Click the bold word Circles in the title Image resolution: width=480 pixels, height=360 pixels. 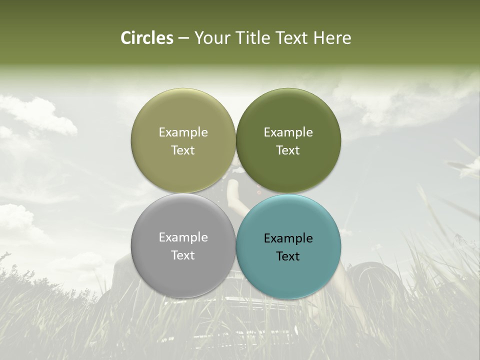[x=146, y=38]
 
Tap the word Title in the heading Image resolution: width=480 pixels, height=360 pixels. [x=249, y=38]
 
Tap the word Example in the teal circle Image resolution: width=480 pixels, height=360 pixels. [x=288, y=238]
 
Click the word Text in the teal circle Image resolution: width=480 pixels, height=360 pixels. [x=288, y=256]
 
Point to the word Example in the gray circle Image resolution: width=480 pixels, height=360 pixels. [x=183, y=237]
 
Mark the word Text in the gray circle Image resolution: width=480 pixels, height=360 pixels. [x=183, y=255]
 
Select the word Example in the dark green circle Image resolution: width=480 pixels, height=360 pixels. [x=288, y=132]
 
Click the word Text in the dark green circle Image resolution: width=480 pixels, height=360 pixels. [x=288, y=150]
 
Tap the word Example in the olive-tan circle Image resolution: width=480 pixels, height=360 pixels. [x=183, y=132]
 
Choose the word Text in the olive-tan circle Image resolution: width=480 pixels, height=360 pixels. [x=183, y=150]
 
